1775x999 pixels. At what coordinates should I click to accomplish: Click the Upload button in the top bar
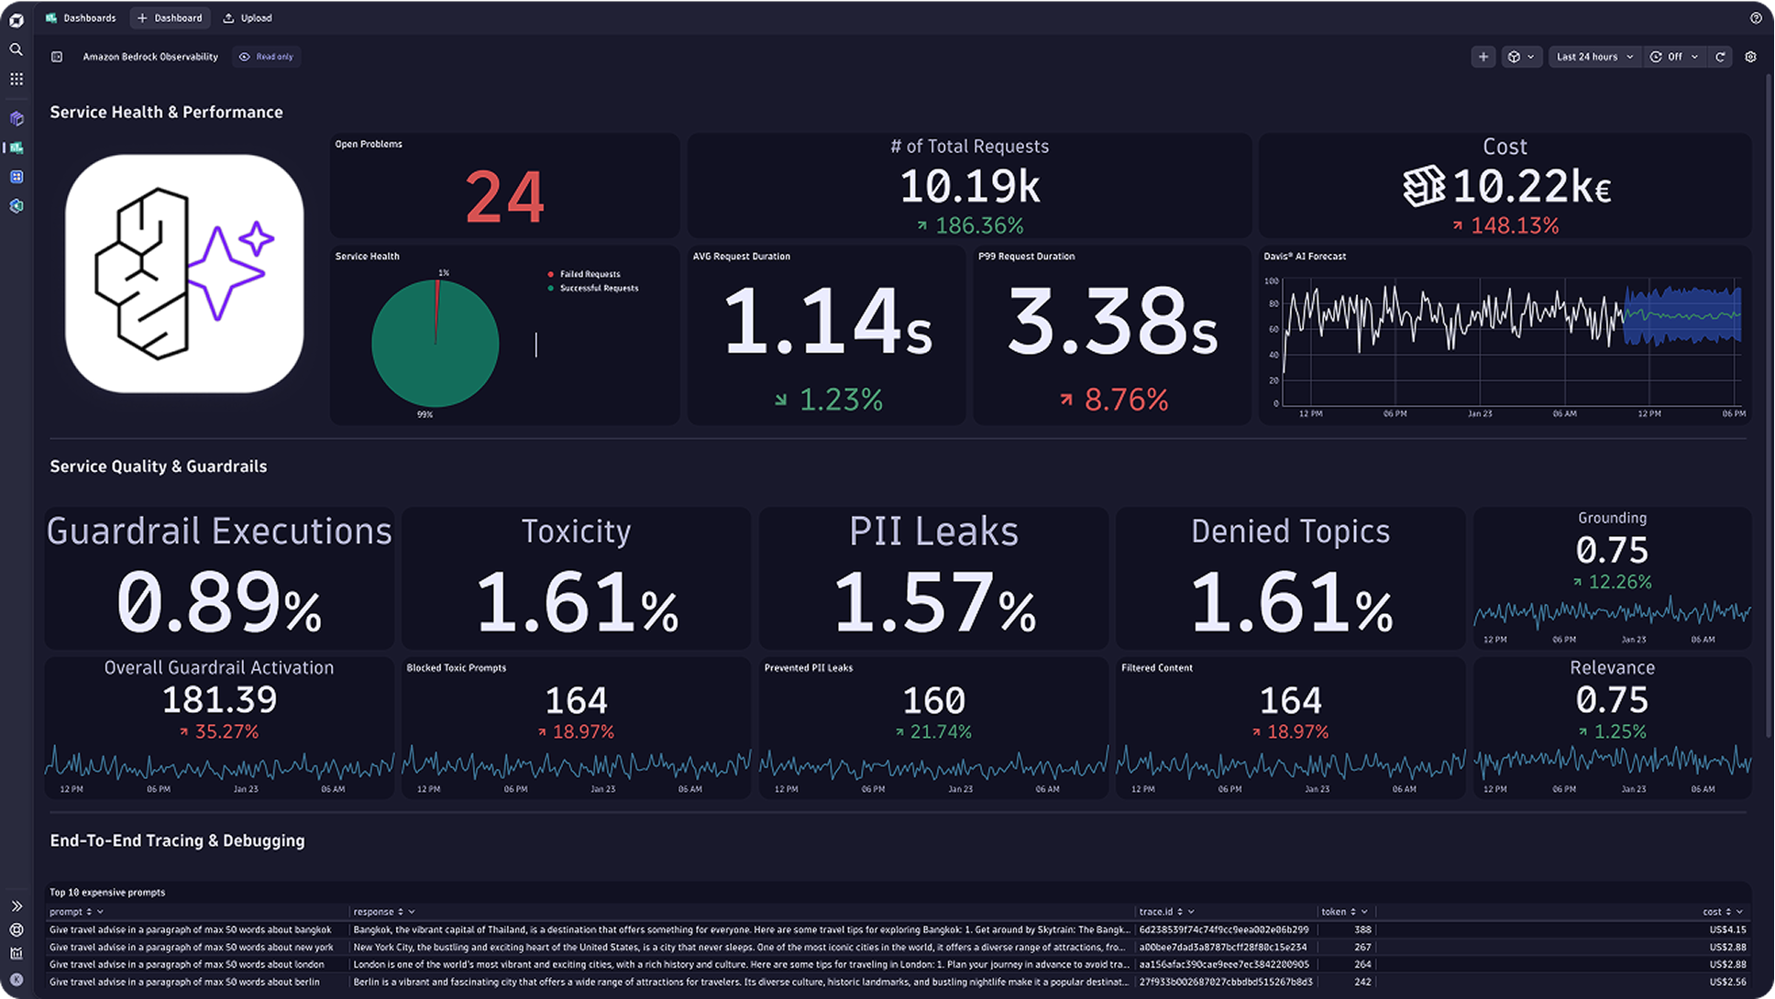click(248, 17)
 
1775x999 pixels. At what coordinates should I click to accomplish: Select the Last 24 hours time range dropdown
click(1594, 57)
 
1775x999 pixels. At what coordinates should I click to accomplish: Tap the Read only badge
click(267, 57)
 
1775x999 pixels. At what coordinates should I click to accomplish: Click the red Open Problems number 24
click(504, 197)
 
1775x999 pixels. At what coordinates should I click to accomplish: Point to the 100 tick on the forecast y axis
click(1271, 281)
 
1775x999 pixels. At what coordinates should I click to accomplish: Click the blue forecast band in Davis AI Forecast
click(1681, 315)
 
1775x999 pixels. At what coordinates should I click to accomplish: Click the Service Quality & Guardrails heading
click(159, 467)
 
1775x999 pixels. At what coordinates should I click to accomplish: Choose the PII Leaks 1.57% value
click(933, 602)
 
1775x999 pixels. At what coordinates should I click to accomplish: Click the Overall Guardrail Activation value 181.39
click(219, 700)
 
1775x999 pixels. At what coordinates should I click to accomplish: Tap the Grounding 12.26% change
click(1619, 582)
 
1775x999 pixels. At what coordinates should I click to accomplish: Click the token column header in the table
click(1334, 912)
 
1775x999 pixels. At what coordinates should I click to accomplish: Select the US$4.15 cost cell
click(1727, 929)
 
